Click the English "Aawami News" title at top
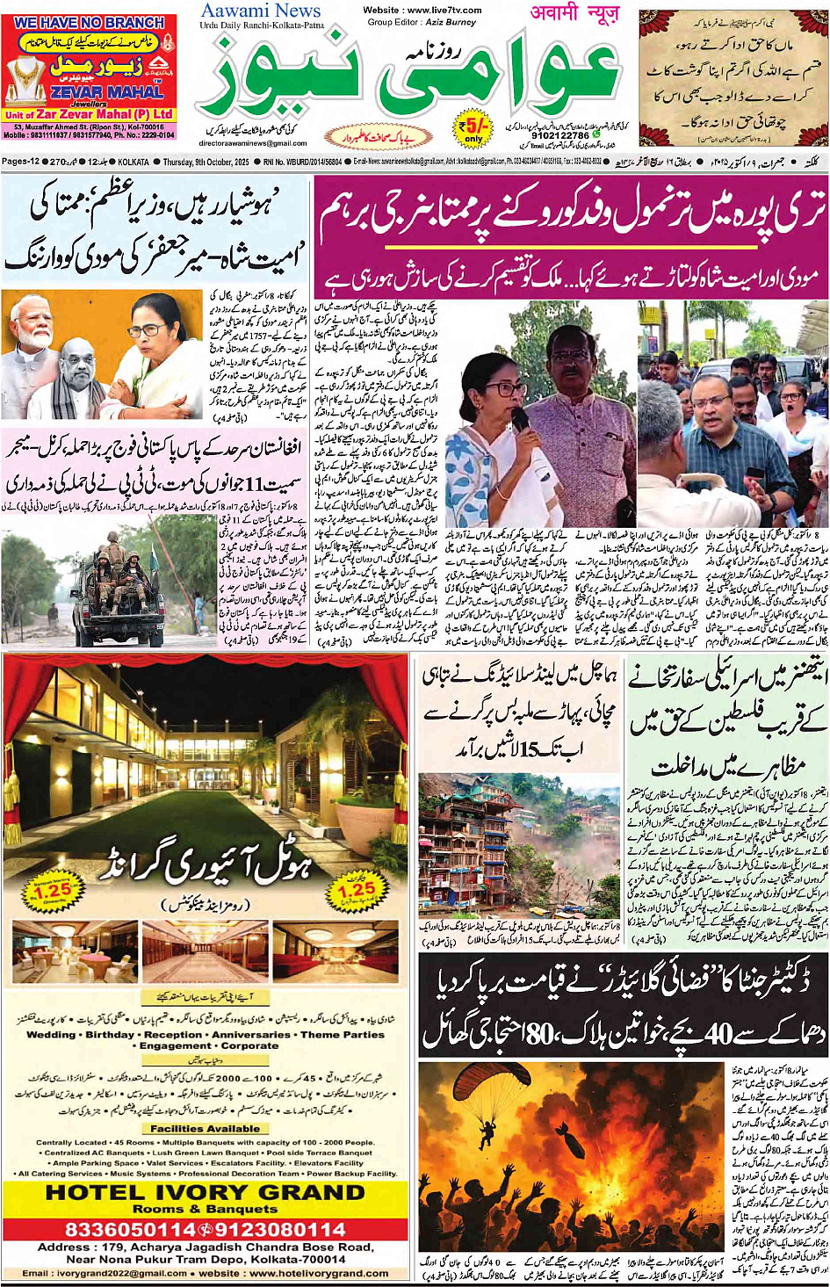click(x=261, y=11)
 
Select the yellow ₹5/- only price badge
click(x=474, y=129)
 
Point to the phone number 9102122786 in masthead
click(x=560, y=136)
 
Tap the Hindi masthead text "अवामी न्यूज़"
click(x=574, y=12)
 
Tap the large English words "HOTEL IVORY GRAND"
click(x=205, y=1192)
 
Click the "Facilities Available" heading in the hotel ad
click(x=205, y=1129)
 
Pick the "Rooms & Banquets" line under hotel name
click(x=205, y=1209)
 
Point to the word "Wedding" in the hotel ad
click(x=51, y=1035)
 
